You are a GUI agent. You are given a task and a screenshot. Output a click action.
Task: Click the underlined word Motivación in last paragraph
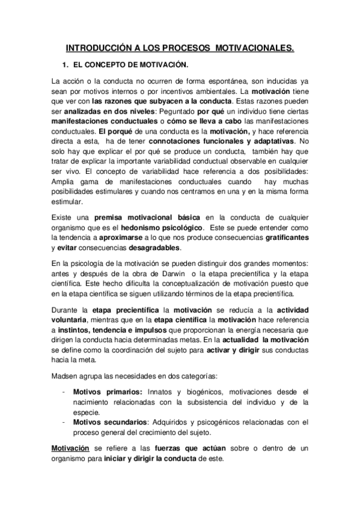(70, 449)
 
